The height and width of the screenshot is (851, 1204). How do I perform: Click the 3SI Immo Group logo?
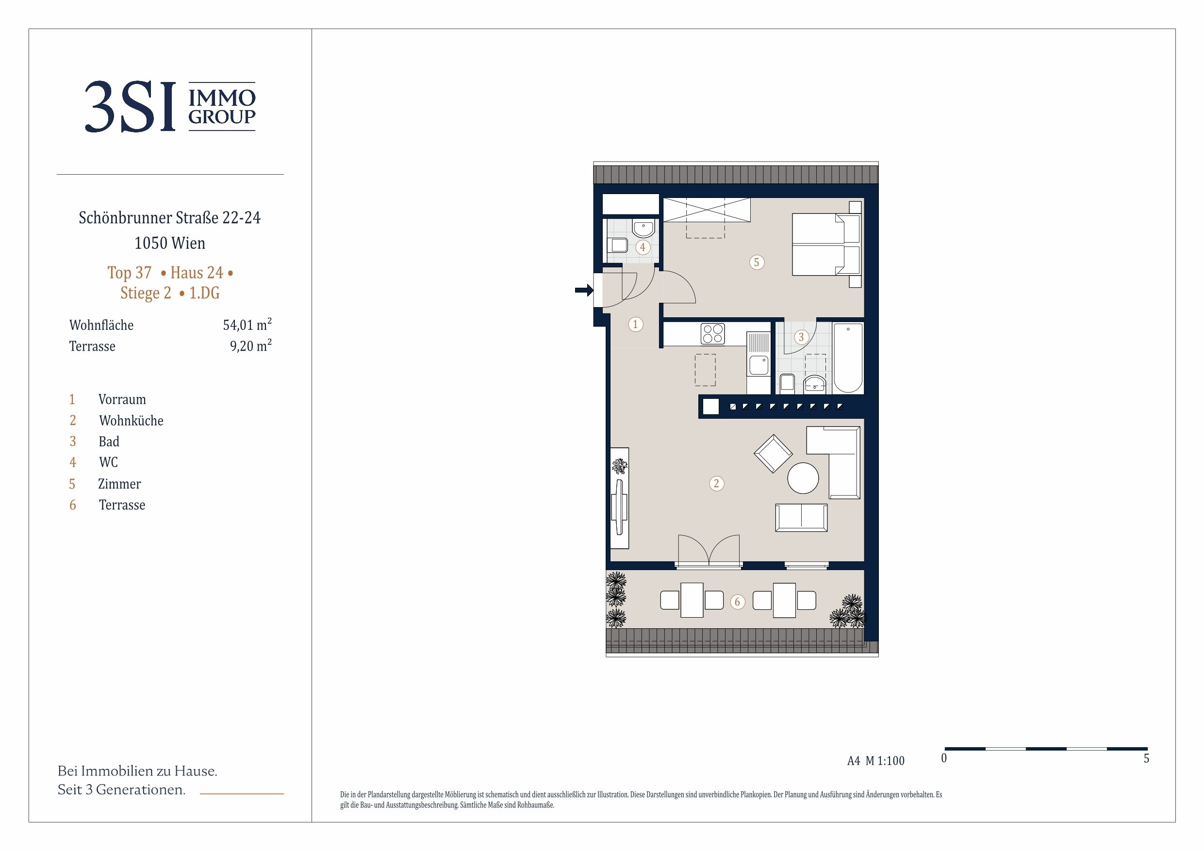[170, 106]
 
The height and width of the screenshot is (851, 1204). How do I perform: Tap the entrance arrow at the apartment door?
[584, 290]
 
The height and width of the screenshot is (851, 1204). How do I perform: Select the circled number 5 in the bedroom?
[756, 262]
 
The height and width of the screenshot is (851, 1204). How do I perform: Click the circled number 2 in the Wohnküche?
[716, 483]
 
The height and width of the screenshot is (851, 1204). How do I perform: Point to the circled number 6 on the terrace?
[737, 602]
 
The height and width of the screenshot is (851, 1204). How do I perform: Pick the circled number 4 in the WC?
[643, 247]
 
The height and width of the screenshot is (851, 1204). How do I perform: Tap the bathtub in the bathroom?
[848, 358]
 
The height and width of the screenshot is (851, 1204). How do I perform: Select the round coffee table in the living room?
[803, 478]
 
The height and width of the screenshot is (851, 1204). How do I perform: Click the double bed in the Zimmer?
[826, 245]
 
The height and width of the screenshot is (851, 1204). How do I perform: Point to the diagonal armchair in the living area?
[773, 454]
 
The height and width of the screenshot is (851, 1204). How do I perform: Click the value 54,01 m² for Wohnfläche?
[247, 325]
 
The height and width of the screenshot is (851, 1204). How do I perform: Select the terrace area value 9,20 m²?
[251, 345]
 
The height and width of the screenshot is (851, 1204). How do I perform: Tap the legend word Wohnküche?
[131, 421]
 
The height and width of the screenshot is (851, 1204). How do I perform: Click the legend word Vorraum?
[122, 400]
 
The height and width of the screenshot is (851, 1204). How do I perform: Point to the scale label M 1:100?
[885, 761]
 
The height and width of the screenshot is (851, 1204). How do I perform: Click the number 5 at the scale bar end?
[1146, 759]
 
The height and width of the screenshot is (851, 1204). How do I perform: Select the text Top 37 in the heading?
[130, 273]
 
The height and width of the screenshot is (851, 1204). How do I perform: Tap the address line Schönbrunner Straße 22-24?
[170, 217]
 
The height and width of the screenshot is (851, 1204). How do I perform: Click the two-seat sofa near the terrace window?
[801, 518]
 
